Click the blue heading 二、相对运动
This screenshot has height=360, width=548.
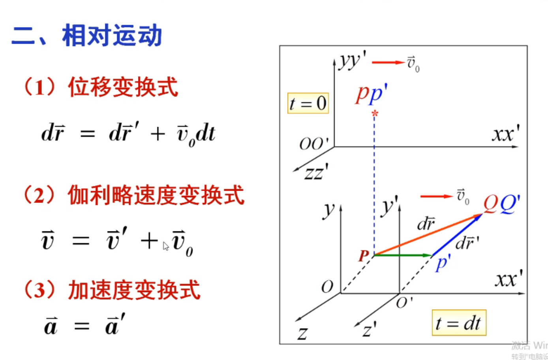87,36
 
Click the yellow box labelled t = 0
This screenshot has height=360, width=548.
308,103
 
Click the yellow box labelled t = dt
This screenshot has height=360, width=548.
459,323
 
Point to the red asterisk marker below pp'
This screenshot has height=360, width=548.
375,114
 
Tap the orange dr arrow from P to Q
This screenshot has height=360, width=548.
426,235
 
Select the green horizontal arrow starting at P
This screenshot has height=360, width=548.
403,255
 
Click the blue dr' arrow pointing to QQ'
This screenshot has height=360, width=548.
457,235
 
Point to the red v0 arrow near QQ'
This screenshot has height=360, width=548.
436,196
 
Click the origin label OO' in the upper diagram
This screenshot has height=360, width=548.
314,144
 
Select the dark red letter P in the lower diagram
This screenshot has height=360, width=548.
364,256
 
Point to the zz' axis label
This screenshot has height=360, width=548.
316,172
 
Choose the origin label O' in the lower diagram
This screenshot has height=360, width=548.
404,303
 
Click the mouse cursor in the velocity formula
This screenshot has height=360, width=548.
166,247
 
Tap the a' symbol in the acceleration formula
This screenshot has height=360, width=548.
115,325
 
